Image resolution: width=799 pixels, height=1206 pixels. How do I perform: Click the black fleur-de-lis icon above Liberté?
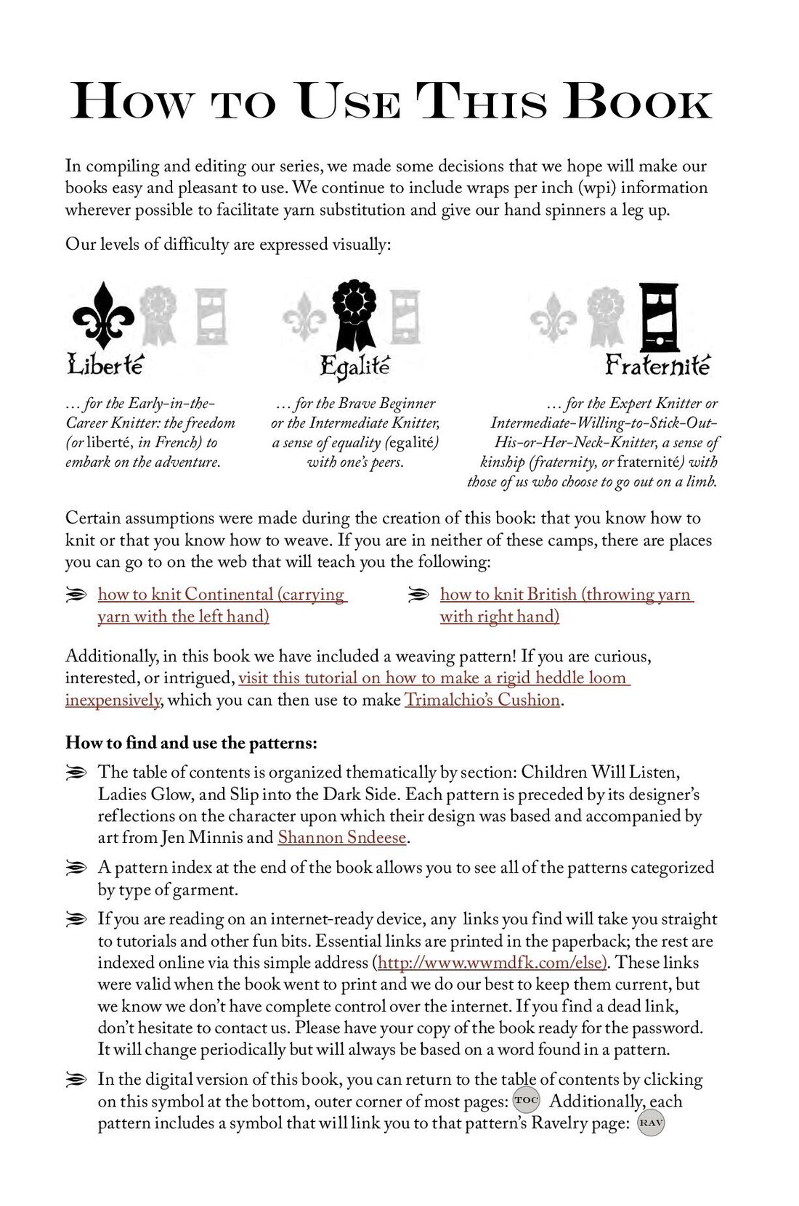(103, 314)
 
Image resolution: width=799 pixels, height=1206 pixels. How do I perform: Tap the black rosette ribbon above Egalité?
(354, 314)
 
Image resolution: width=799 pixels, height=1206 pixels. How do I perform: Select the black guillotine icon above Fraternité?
(658, 318)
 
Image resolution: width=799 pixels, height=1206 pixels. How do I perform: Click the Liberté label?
(105, 364)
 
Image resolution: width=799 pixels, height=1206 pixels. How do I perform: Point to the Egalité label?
(354, 366)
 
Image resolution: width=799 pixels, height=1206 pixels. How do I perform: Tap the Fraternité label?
(657, 364)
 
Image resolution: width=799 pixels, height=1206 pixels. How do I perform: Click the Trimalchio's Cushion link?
(482, 700)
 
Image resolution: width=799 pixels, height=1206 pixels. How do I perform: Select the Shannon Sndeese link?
(341, 837)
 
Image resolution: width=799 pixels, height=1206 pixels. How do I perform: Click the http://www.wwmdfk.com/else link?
(491, 963)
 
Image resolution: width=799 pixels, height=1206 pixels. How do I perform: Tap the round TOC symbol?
(526, 1100)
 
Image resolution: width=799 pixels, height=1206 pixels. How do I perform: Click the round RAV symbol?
(651, 1123)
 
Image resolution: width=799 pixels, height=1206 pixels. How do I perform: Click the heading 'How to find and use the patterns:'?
(191, 743)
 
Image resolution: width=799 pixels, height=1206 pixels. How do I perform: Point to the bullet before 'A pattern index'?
(76, 868)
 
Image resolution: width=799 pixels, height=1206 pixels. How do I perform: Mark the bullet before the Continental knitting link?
(76, 595)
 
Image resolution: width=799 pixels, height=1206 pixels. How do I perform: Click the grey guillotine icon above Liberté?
(211, 317)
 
